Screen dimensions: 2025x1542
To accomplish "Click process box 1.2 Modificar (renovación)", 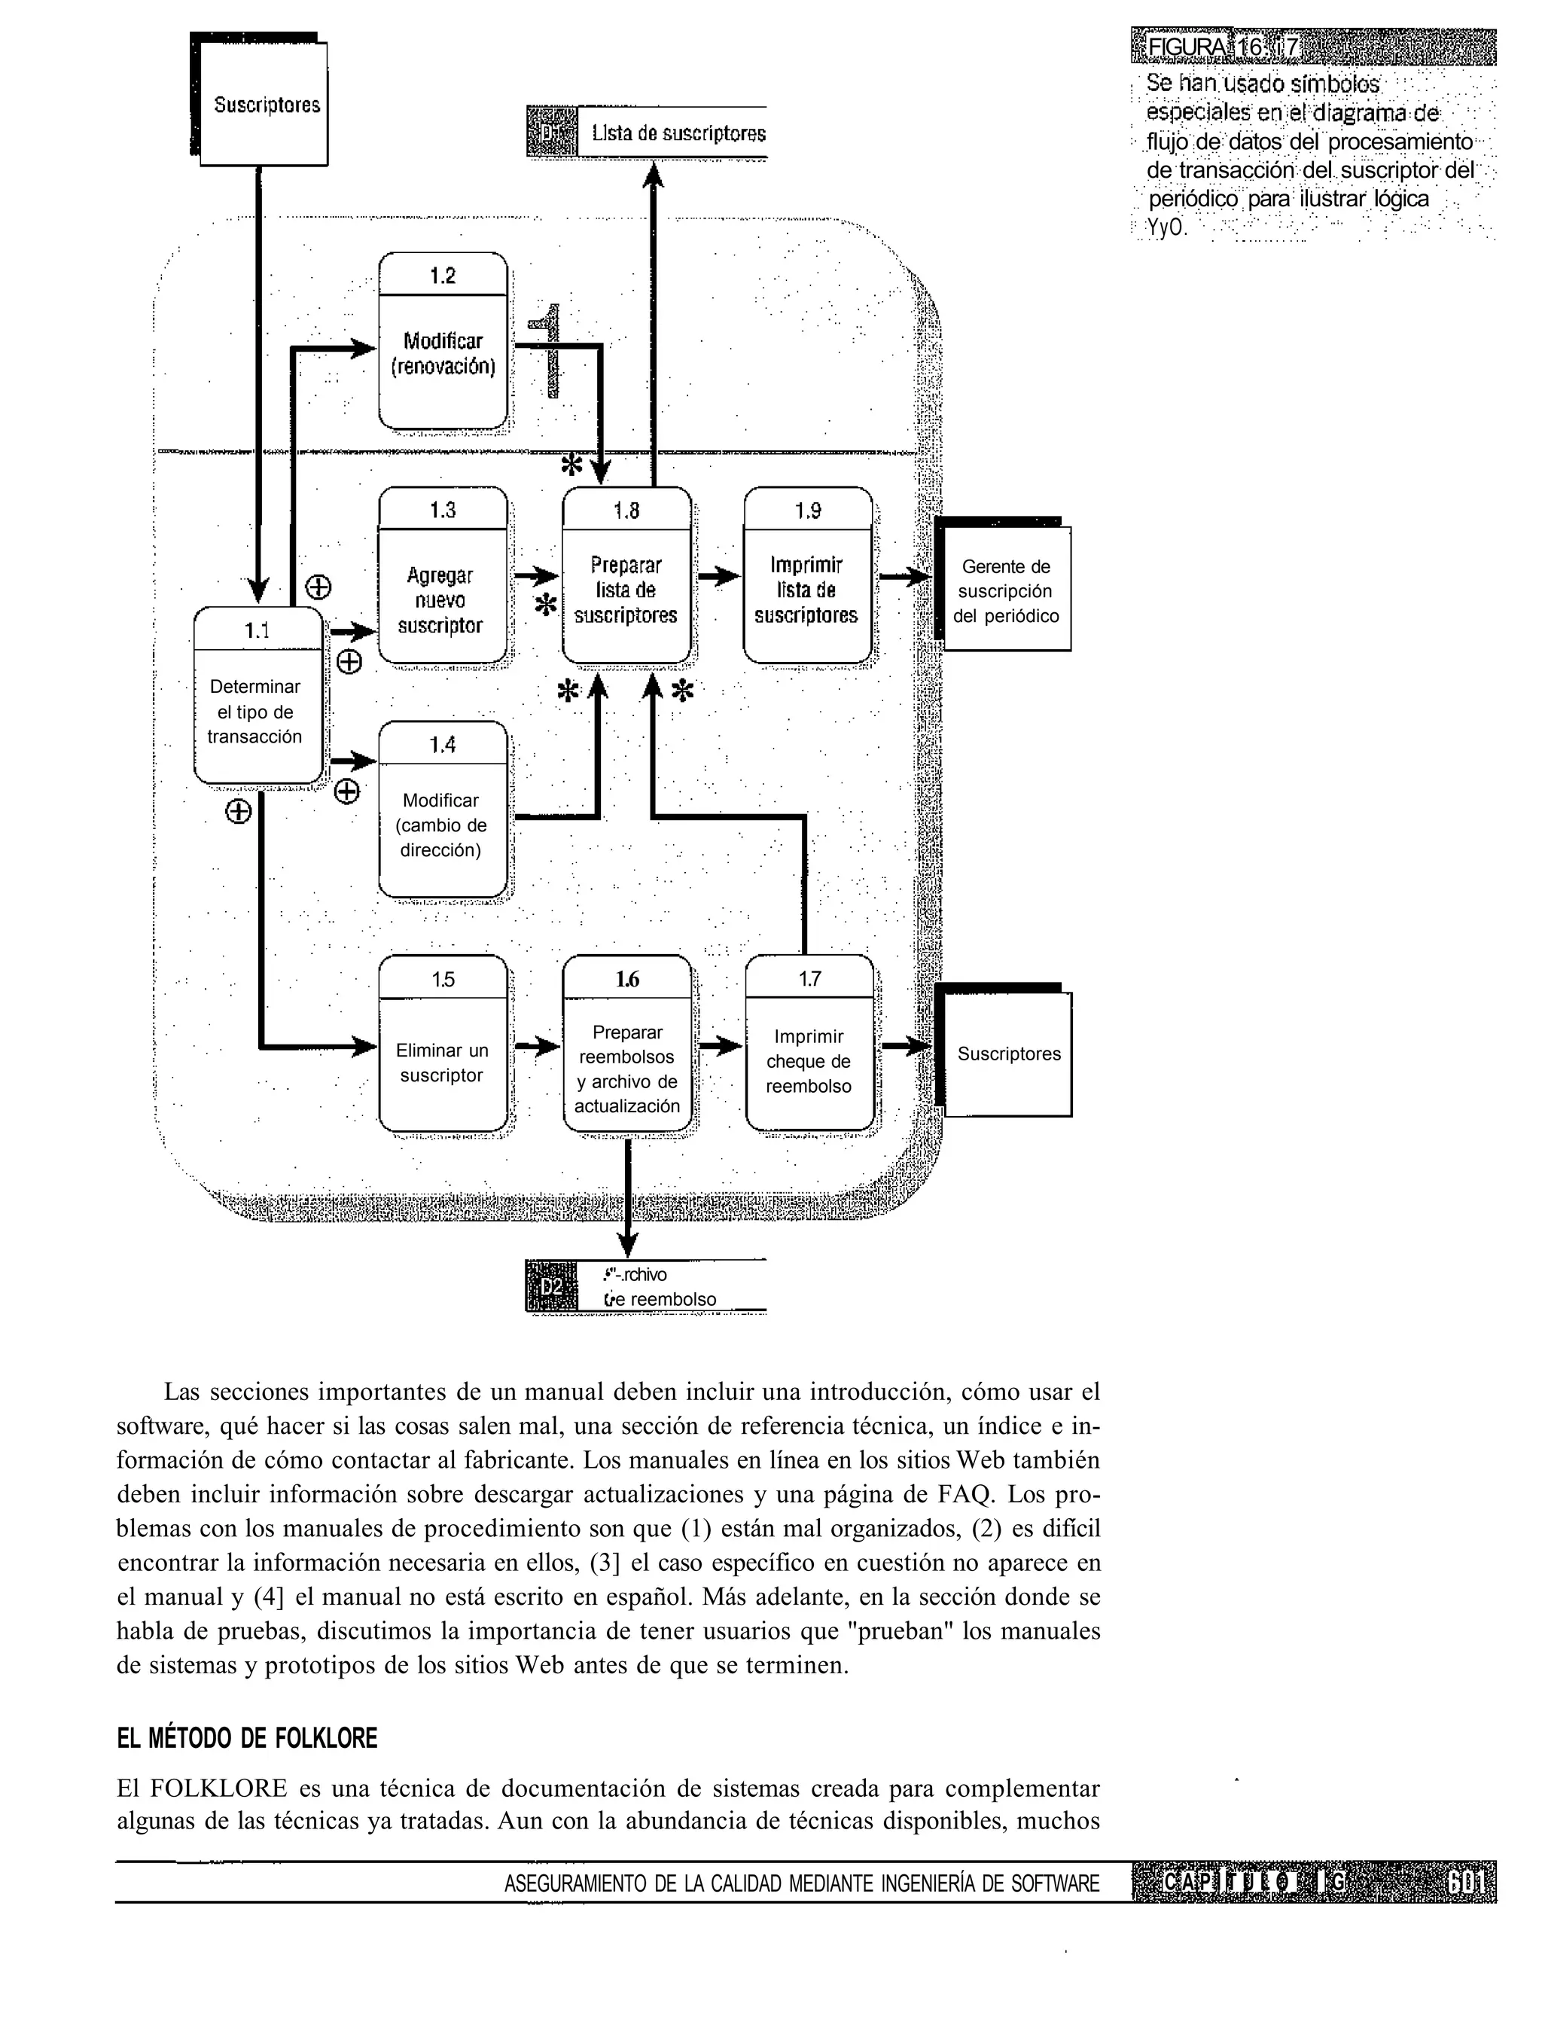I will coord(443,341).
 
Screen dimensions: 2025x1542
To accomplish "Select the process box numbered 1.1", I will coord(258,697).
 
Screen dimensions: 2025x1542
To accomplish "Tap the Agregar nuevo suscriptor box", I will coord(443,575).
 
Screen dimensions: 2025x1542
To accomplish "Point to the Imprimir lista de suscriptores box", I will coord(807,575).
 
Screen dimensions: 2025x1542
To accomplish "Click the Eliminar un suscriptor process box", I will coord(443,1044).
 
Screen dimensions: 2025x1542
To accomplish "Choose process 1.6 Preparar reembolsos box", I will coord(627,1044).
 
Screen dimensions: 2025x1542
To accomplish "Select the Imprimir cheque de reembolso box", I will coord(809,1044).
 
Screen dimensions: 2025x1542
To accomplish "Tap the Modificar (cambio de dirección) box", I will coord(443,810).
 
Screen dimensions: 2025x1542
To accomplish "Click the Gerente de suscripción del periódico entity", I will coord(1005,590).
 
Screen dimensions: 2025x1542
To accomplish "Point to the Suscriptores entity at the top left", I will coord(264,104).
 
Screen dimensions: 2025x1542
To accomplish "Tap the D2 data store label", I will coord(550,1286).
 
